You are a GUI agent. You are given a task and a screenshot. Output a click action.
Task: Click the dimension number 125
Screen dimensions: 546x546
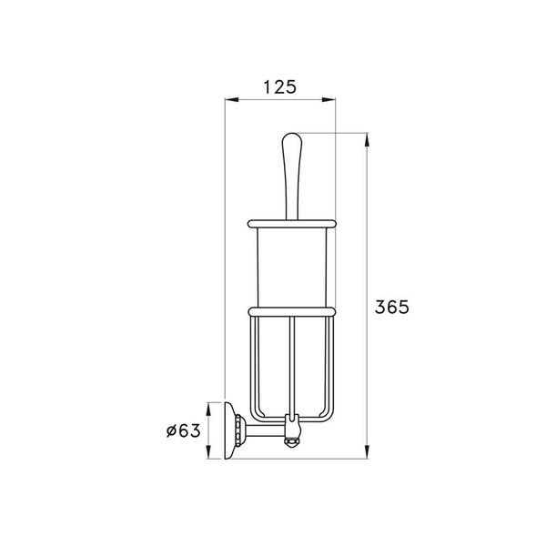281,87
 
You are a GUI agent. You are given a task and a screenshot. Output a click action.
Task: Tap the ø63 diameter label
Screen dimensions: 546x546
184,430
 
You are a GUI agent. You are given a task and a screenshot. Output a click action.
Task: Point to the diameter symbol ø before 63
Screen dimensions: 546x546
172,430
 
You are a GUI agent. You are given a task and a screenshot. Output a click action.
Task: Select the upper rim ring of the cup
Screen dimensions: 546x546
290,221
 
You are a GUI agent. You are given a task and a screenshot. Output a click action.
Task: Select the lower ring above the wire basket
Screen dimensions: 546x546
290,311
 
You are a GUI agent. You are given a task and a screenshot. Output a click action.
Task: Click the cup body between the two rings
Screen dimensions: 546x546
290,266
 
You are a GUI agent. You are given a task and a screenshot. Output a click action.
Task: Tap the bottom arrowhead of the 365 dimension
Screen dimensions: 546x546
367,451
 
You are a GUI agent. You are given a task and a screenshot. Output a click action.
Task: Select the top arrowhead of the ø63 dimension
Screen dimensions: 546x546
210,406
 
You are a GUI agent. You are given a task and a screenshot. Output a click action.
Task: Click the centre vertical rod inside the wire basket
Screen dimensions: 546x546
291,364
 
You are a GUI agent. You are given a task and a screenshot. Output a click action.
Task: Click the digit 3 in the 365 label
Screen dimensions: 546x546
380,307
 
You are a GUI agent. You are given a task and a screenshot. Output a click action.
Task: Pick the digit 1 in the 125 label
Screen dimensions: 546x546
268,87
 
